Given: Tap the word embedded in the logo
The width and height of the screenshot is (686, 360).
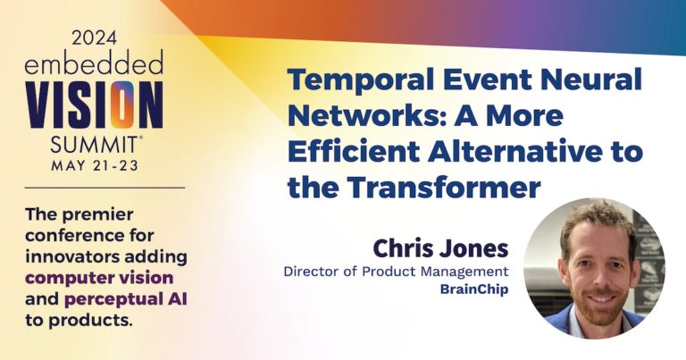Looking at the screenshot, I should [x=94, y=65].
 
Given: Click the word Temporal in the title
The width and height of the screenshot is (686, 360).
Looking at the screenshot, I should [x=356, y=81].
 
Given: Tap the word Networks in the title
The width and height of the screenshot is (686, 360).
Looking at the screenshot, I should [x=358, y=117].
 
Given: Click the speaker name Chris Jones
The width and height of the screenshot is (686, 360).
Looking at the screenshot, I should [x=440, y=247].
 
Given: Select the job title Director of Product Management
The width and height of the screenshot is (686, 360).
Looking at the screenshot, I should [x=397, y=271].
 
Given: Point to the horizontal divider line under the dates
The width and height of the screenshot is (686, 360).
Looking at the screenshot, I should [x=94, y=188].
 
